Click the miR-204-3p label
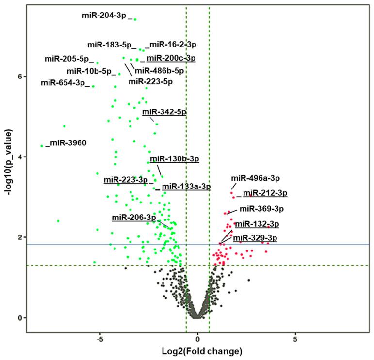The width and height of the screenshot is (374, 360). [104, 16]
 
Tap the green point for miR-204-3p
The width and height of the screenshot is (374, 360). [135, 19]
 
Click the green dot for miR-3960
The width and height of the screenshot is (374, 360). [42, 145]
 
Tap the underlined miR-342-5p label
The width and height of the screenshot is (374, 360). [164, 112]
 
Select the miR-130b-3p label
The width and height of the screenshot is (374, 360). [174, 158]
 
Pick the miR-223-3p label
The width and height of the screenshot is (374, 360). [126, 180]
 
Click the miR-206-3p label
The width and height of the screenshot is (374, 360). [134, 217]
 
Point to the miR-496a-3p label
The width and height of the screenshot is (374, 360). [255, 178]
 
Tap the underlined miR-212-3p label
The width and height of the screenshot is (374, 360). [265, 193]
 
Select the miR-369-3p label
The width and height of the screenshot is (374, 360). [261, 209]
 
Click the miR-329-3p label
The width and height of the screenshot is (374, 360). [255, 238]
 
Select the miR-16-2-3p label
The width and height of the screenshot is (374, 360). [173, 45]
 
